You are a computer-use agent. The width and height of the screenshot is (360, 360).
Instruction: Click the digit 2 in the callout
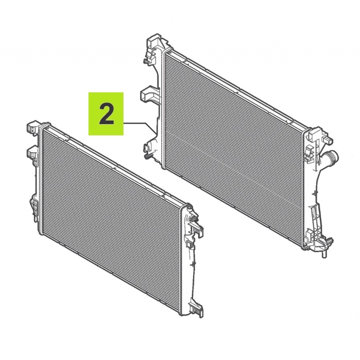(x=106, y=114)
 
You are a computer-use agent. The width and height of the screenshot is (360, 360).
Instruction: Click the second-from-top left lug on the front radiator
(x=32, y=152)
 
